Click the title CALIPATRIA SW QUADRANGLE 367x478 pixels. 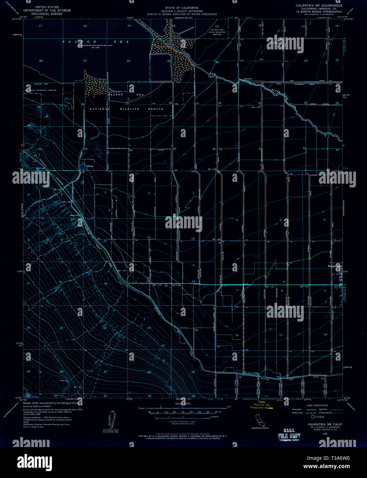click(x=319, y=6)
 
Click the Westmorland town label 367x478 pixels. click(x=334, y=266)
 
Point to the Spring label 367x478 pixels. click(x=90, y=166)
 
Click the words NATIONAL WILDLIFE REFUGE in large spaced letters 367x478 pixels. click(x=127, y=109)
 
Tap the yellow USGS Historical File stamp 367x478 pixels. click(x=261, y=406)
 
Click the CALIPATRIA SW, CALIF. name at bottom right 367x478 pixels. click(x=322, y=424)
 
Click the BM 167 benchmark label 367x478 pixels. click(x=304, y=286)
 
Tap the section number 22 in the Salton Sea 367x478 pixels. click(x=128, y=61)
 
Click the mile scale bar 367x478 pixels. click(x=182, y=408)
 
